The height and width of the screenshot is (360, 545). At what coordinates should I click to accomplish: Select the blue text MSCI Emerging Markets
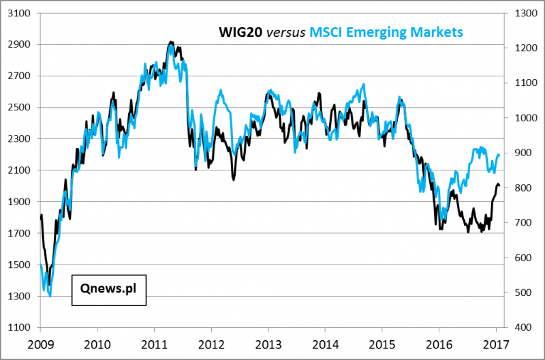click(x=386, y=32)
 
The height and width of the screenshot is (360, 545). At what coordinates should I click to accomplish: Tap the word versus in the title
click(x=285, y=32)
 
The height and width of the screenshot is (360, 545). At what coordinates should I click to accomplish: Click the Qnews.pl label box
click(x=109, y=289)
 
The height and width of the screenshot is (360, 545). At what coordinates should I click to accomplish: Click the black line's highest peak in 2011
click(x=170, y=42)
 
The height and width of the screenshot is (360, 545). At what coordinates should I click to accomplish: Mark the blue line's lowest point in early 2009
click(x=50, y=296)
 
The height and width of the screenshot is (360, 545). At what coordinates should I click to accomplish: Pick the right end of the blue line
click(x=500, y=155)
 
